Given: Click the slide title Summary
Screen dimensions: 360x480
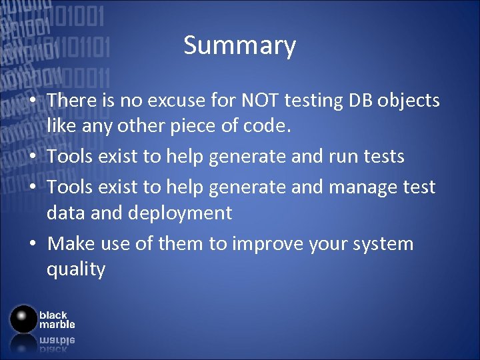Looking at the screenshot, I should [x=239, y=46].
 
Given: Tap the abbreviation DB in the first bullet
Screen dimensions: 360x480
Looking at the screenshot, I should [x=357, y=101].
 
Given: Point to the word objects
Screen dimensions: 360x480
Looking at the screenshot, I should [x=409, y=101].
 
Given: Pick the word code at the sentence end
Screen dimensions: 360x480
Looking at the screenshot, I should [x=269, y=127].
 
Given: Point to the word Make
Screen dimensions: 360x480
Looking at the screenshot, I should [x=71, y=243].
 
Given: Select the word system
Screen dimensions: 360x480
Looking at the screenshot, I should [x=388, y=243].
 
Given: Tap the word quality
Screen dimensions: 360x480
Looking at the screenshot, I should [x=76, y=270].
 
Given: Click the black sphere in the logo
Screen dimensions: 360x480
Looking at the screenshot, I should [x=23, y=319].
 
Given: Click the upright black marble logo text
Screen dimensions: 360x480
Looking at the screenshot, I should [x=57, y=319].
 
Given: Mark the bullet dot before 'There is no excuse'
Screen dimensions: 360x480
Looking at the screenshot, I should [x=32, y=101].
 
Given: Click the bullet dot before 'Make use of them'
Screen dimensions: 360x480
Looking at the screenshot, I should [x=32, y=244].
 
